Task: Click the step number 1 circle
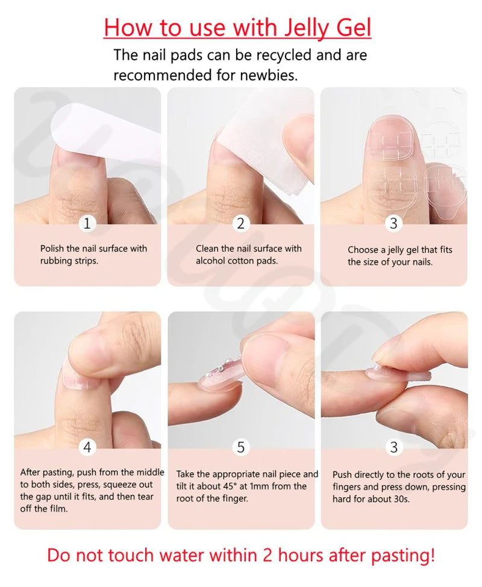click(x=87, y=224)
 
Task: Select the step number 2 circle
click(x=241, y=224)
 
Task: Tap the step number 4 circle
click(x=87, y=447)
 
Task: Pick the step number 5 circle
click(x=241, y=447)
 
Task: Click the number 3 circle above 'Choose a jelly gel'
click(x=393, y=224)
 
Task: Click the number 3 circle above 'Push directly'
click(x=393, y=447)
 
